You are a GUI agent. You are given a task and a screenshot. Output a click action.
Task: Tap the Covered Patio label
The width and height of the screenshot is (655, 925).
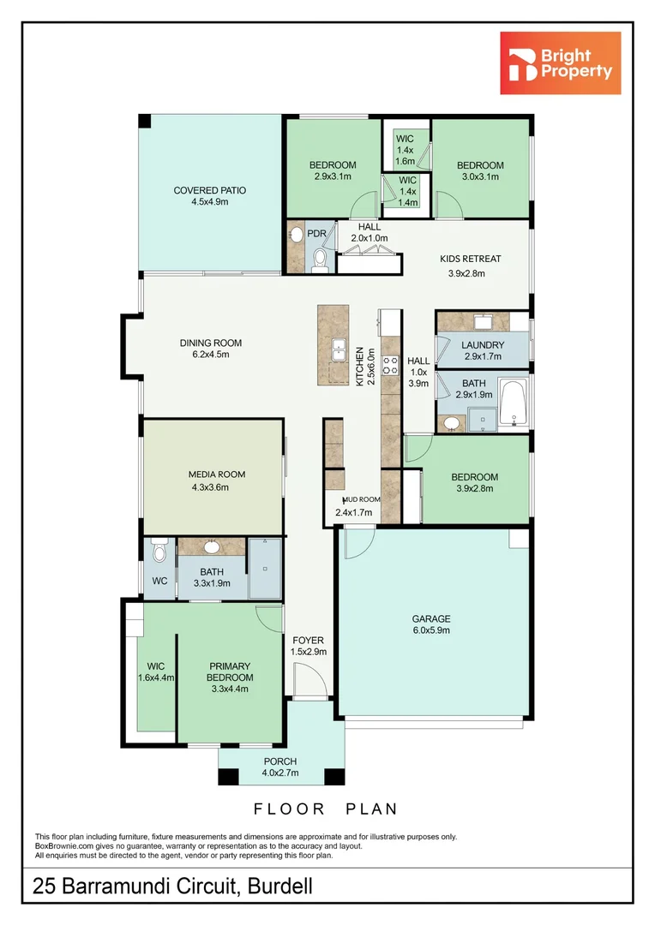(x=209, y=196)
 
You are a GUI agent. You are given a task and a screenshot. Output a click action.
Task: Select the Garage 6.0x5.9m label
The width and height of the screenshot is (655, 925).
(x=430, y=624)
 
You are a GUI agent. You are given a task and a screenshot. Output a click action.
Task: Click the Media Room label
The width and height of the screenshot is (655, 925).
(x=217, y=480)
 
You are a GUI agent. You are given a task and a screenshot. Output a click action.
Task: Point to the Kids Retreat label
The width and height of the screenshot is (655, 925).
(x=470, y=266)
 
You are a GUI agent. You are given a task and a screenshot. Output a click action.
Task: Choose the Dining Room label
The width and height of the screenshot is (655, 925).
(x=204, y=348)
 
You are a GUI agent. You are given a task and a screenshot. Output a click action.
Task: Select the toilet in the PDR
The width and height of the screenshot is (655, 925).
(x=320, y=258)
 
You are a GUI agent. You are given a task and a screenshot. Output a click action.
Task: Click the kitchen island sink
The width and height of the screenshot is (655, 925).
(x=339, y=351)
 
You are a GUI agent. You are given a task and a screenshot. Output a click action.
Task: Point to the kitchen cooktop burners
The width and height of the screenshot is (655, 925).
(x=390, y=366)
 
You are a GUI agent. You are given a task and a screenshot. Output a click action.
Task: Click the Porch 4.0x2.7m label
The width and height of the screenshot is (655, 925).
(x=280, y=767)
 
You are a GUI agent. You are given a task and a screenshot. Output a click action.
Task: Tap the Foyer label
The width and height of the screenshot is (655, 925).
(x=309, y=645)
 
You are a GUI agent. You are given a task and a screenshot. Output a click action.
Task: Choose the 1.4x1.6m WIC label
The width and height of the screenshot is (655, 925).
(x=406, y=150)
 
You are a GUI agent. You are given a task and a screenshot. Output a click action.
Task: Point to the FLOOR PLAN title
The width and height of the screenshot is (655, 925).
(x=326, y=808)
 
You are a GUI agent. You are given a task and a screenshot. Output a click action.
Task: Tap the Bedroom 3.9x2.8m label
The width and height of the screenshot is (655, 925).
(x=476, y=482)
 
